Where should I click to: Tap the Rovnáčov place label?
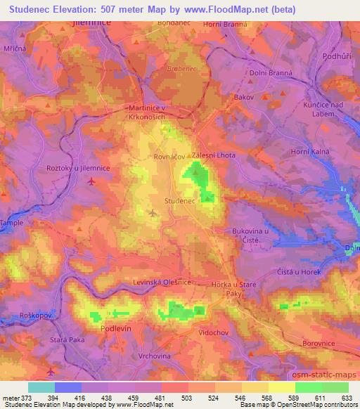(x=169, y=157)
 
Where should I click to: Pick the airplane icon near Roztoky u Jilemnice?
(x=93, y=182)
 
